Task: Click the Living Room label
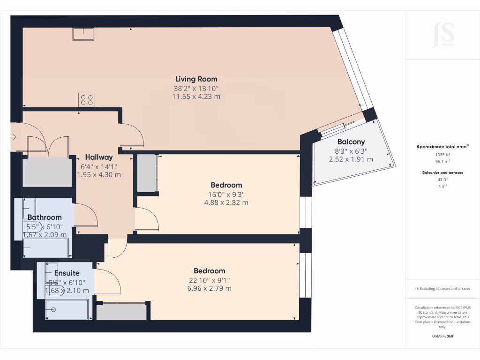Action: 196,79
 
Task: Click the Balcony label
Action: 351,142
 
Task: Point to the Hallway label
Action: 98,157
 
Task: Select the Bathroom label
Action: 45,217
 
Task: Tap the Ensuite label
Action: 67,273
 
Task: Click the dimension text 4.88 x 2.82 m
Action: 226,202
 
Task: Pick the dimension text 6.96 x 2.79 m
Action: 209,288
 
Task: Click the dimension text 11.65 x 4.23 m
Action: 196,97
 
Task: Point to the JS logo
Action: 442,35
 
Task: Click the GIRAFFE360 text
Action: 442,336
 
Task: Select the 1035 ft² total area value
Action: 442,154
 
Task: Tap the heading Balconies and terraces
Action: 442,172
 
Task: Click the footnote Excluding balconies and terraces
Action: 442,288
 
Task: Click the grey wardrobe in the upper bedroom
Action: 147,173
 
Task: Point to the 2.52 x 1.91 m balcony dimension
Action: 351,159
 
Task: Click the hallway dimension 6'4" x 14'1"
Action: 98,166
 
